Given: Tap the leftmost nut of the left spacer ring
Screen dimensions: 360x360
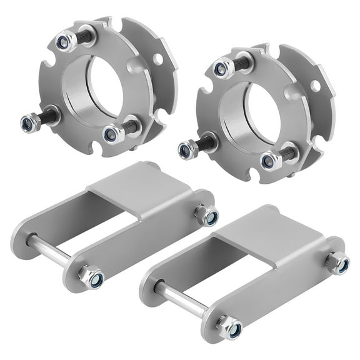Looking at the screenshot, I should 29,122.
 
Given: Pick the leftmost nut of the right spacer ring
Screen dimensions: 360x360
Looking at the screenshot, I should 186,150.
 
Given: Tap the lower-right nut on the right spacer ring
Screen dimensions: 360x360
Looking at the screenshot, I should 270,161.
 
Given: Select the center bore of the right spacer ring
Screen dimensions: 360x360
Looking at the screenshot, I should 259,112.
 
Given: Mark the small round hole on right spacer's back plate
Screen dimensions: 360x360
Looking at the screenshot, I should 316,86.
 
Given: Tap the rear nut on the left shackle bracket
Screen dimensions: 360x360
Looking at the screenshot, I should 207,216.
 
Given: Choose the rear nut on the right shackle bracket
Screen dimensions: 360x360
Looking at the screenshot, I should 338,262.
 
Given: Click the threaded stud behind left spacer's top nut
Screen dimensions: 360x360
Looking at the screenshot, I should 84,36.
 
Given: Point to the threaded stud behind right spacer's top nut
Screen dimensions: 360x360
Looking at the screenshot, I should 242,61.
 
